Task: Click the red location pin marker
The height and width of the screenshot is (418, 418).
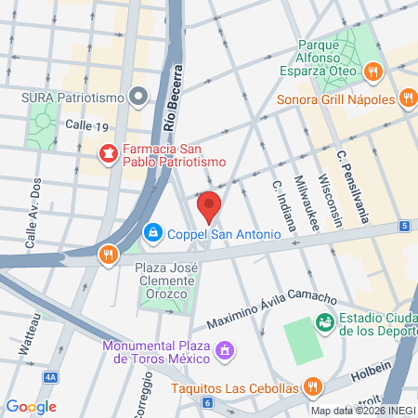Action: pyautogui.click(x=209, y=205)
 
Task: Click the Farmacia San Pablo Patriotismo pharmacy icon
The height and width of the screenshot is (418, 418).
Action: pyautogui.click(x=108, y=151)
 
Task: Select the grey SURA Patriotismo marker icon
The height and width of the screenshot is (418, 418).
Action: pyautogui.click(x=139, y=94)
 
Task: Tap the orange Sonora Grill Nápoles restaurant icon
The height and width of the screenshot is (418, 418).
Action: pyautogui.click(x=372, y=71)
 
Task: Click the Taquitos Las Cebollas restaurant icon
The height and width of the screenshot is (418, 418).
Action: pyautogui.click(x=313, y=387)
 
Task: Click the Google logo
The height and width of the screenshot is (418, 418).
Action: pyautogui.click(x=32, y=406)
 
